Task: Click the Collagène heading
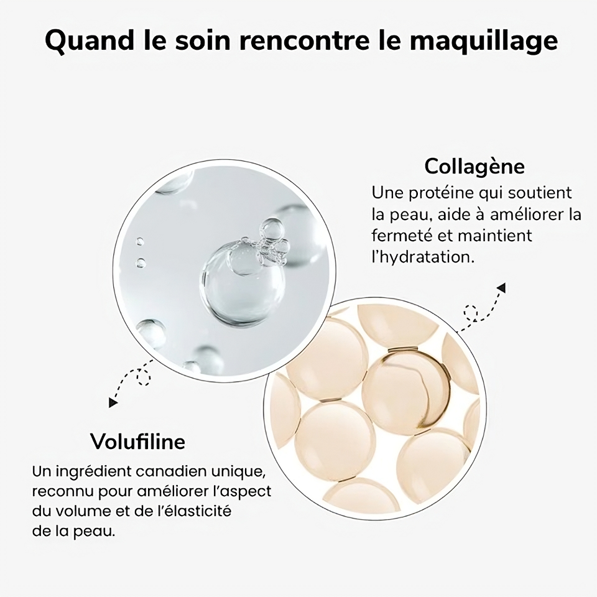point(474,167)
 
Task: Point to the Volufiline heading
point(137,442)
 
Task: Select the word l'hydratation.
point(423,257)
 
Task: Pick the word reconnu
point(58,491)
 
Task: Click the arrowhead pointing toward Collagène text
point(501,287)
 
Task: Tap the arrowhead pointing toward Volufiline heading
point(113,403)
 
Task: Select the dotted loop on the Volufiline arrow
point(144,376)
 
